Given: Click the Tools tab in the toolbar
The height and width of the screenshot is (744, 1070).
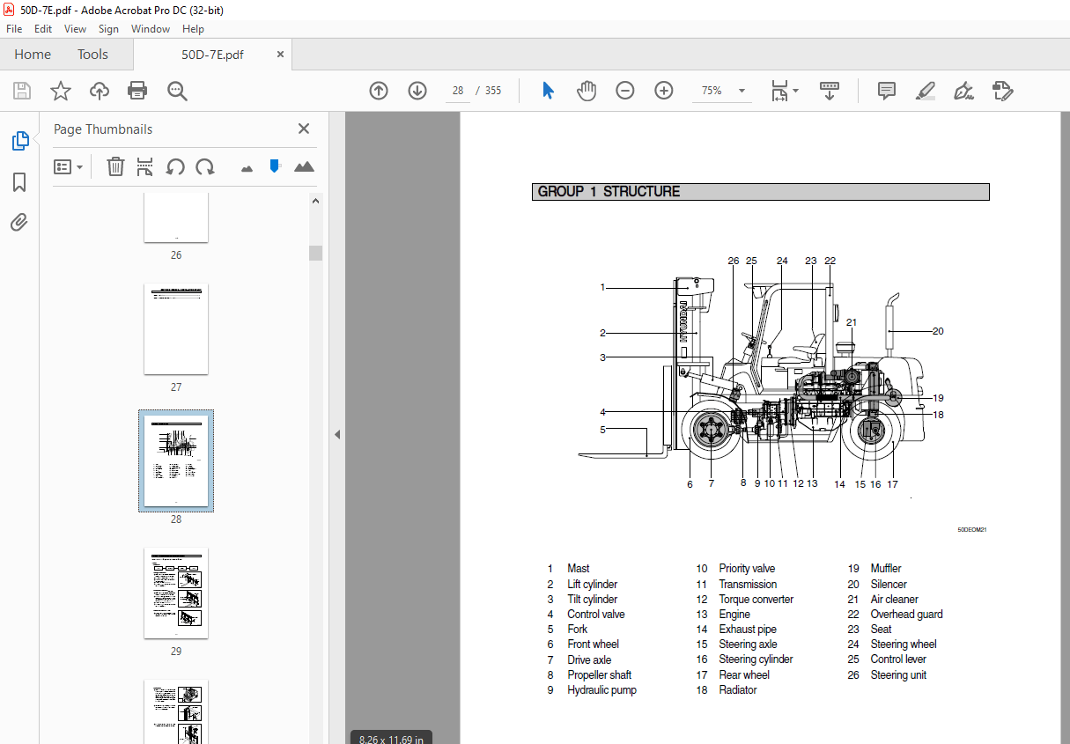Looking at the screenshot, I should (x=92, y=55).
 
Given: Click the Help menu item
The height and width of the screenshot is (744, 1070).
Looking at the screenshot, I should (x=193, y=29).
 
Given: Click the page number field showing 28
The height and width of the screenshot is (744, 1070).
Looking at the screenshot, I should (x=457, y=91).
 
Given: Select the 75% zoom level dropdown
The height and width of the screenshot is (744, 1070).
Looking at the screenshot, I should (x=720, y=91).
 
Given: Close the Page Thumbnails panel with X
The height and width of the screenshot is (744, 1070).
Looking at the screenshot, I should (x=304, y=129).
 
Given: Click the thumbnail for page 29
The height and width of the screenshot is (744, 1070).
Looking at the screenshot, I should (x=176, y=593).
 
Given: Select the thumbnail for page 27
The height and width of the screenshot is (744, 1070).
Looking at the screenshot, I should (x=176, y=328).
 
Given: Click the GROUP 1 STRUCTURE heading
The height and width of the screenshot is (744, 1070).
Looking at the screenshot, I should (x=609, y=192).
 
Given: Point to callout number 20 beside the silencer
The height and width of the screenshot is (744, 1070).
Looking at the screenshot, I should (x=938, y=331).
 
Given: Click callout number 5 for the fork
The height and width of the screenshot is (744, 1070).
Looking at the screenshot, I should (x=602, y=430).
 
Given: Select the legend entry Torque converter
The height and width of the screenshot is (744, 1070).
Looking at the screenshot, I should (x=756, y=600).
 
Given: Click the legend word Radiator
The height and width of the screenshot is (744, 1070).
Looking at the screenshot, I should (x=737, y=690).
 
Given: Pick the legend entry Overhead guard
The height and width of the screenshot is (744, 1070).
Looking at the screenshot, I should (x=906, y=615).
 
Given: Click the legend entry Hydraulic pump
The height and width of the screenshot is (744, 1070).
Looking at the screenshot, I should (x=601, y=690).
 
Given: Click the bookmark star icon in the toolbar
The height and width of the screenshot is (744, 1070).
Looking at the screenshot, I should (x=60, y=91).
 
